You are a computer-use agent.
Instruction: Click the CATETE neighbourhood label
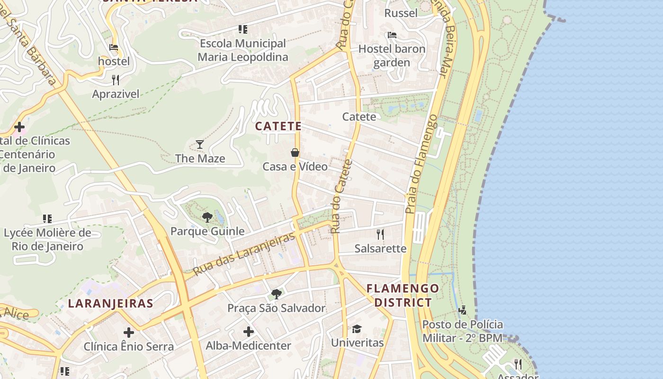click(278, 126)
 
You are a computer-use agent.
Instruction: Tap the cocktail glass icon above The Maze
click(200, 144)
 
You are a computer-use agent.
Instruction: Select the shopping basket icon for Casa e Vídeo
click(295, 153)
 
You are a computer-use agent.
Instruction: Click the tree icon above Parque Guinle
click(207, 217)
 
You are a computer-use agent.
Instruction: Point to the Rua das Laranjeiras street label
click(244, 254)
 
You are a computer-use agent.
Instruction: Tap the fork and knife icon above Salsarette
click(380, 234)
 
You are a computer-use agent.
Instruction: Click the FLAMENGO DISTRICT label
click(403, 295)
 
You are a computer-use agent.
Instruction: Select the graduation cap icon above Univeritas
click(357, 329)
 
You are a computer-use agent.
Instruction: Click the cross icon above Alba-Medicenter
click(248, 332)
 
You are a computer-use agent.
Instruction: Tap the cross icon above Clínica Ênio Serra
click(128, 333)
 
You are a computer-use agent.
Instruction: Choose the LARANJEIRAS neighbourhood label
click(110, 303)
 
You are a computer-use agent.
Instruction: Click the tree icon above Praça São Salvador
click(277, 294)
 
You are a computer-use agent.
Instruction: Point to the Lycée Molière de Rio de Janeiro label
click(47, 239)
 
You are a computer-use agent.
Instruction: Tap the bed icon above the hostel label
click(114, 47)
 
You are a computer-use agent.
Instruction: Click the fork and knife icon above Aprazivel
click(115, 80)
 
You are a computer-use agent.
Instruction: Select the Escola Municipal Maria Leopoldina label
click(242, 50)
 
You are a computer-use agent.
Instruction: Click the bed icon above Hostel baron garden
click(392, 35)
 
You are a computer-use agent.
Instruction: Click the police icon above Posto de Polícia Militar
click(462, 310)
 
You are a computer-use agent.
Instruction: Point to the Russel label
click(401, 13)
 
